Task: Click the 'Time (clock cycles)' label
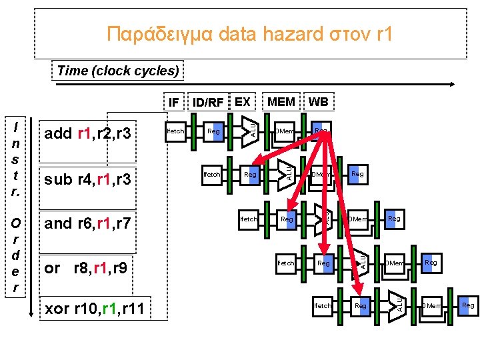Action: [117, 71]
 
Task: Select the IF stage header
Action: [173, 102]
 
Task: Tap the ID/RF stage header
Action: [207, 102]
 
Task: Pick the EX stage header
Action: [243, 102]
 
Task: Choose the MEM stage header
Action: [281, 102]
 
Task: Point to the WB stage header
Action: [319, 102]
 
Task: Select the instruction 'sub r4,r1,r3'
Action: [87, 179]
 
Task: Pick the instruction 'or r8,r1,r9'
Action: [87, 268]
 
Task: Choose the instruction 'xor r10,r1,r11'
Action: [96, 307]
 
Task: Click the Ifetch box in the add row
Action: [175, 131]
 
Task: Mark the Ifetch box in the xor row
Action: [323, 306]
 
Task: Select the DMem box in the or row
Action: [394, 263]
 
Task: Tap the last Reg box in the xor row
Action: [468, 305]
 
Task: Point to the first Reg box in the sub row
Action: [251, 175]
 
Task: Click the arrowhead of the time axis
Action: [453, 85]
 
